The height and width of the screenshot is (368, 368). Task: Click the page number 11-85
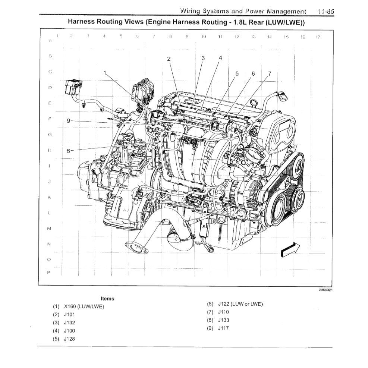(x=326, y=12)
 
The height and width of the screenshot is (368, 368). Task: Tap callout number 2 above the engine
(x=169, y=59)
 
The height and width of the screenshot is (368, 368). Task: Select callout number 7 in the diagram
(x=270, y=73)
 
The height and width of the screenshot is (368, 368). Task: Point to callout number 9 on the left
(x=68, y=120)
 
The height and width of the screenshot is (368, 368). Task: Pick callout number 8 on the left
(x=68, y=151)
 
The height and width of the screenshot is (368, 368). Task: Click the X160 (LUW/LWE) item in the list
(x=84, y=306)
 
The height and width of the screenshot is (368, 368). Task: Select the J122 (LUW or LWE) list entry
(x=240, y=304)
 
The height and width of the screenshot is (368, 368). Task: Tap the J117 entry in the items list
(x=223, y=328)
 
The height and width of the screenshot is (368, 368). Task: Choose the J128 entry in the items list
(x=69, y=339)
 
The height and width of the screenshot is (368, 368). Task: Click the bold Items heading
(x=107, y=298)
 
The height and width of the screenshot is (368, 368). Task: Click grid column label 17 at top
(x=318, y=37)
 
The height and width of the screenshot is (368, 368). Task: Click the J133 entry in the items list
(x=223, y=320)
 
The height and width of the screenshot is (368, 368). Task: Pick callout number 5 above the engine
(x=237, y=73)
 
